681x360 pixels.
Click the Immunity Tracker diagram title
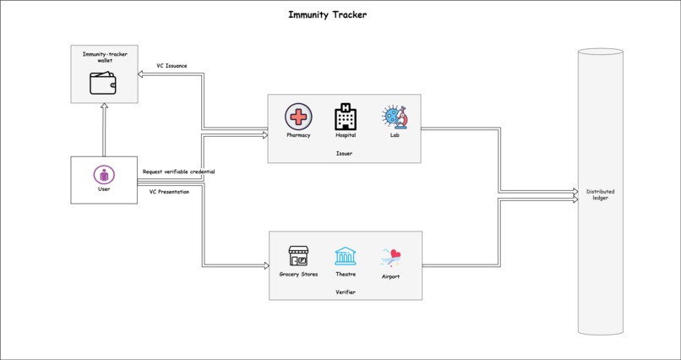tap(327, 14)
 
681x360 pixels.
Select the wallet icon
tap(103, 83)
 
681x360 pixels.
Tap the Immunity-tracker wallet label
tap(105, 57)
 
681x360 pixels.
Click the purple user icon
tap(104, 175)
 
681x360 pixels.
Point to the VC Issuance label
tap(172, 66)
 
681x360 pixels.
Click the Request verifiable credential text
tap(178, 172)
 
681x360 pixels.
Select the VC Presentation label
tap(169, 192)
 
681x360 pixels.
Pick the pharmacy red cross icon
tap(298, 117)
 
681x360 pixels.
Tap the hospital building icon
tap(346, 117)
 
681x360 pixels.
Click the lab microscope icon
tap(395, 117)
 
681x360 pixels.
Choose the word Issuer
tap(344, 154)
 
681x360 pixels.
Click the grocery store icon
tap(298, 255)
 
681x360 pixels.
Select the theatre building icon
tap(346, 255)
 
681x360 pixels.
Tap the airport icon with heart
tap(390, 257)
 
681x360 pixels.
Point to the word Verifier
tap(346, 292)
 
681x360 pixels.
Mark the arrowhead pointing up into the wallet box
tap(104, 107)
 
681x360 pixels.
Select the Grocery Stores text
tap(298, 275)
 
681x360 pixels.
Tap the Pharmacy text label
tap(298, 135)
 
